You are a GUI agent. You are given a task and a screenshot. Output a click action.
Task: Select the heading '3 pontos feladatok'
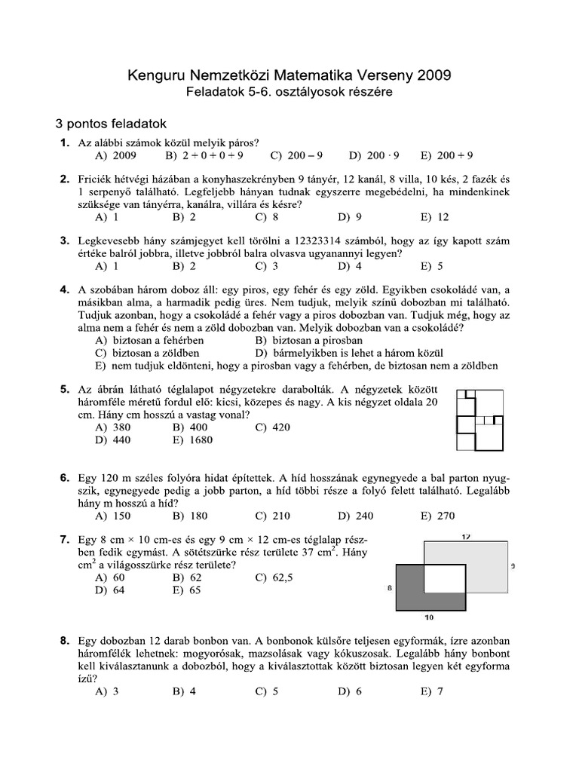tap(111, 124)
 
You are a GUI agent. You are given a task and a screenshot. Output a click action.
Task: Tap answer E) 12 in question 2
tap(435, 217)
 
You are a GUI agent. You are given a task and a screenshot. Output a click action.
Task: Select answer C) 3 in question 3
tap(267, 266)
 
